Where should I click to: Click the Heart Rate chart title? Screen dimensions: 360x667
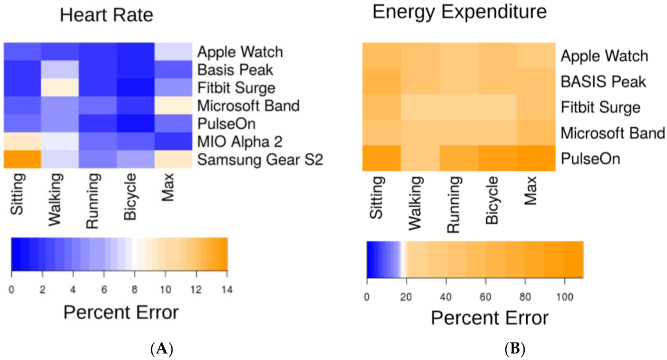[107, 15]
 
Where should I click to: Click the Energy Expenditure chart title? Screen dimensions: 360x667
[459, 11]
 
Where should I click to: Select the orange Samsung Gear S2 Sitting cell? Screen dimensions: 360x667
[22, 159]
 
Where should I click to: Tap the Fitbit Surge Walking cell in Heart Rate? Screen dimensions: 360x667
[60, 87]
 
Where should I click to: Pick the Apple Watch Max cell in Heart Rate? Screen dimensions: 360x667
[173, 51]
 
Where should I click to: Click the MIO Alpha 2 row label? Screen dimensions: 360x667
[240, 142]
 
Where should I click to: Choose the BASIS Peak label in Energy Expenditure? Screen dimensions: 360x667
[603, 82]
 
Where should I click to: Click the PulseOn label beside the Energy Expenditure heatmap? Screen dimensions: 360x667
[590, 158]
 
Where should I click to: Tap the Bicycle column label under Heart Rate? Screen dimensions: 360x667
[130, 197]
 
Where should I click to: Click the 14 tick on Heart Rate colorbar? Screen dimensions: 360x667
[227, 290]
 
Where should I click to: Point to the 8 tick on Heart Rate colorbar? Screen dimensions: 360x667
[134, 290]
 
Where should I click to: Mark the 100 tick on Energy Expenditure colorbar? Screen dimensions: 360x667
[564, 297]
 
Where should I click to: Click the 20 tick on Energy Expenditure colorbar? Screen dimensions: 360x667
[406, 297]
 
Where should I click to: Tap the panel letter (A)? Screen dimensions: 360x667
[161, 349]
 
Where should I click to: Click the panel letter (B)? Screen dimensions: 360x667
[515, 349]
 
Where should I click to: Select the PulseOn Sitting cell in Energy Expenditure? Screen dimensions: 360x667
[381, 158]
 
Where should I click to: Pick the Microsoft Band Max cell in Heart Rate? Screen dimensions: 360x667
[173, 105]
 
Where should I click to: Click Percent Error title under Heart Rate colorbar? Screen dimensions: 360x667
[121, 313]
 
